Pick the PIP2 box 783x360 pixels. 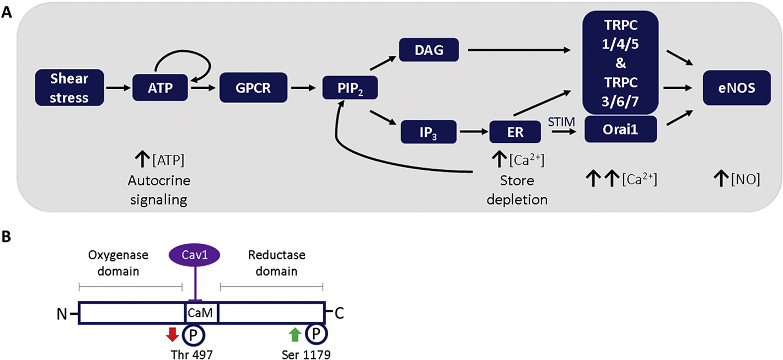pos(350,88)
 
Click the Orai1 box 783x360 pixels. pos(620,129)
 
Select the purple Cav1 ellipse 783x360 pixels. pos(194,255)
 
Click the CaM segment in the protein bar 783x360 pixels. pos(201,313)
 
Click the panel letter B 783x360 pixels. pos(7,238)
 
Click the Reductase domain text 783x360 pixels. pos(276,263)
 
